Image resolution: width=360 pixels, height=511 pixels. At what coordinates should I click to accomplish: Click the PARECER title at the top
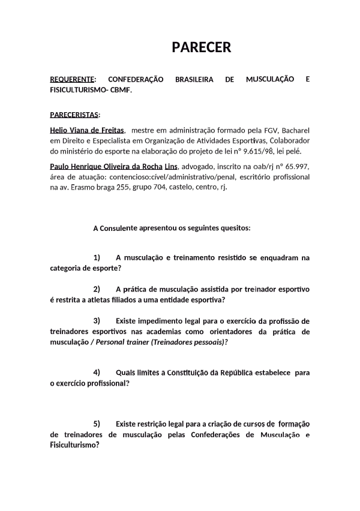[202, 47]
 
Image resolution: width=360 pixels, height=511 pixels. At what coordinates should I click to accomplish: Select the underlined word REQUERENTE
[71, 79]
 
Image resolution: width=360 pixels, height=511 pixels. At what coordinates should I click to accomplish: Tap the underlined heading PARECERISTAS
[74, 115]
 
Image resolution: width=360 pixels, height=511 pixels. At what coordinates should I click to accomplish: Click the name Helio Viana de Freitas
[87, 130]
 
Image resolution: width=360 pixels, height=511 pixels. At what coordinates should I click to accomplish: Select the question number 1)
[97, 257]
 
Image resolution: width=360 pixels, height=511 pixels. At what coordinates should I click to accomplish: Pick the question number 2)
[97, 289]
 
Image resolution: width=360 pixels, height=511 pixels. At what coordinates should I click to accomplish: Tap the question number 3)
[97, 321]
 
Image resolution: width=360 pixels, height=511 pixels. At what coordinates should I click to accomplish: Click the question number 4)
[97, 372]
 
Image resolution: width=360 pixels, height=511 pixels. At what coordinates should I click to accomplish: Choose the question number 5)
[97, 423]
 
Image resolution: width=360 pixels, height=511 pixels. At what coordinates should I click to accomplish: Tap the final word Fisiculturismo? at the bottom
[74, 445]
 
